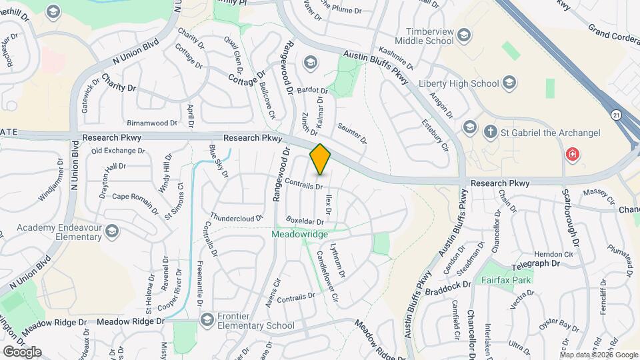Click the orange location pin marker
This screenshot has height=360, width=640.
[320, 159]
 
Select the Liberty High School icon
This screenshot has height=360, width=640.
[509, 83]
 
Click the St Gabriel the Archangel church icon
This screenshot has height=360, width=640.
[491, 132]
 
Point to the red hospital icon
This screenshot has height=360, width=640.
[572, 155]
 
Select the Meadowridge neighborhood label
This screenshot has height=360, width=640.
[299, 235]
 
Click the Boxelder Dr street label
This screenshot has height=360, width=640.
[305, 221]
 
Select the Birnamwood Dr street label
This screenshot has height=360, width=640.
[152, 123]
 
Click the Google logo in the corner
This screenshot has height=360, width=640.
[23, 352]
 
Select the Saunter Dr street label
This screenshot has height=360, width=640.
[352, 132]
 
